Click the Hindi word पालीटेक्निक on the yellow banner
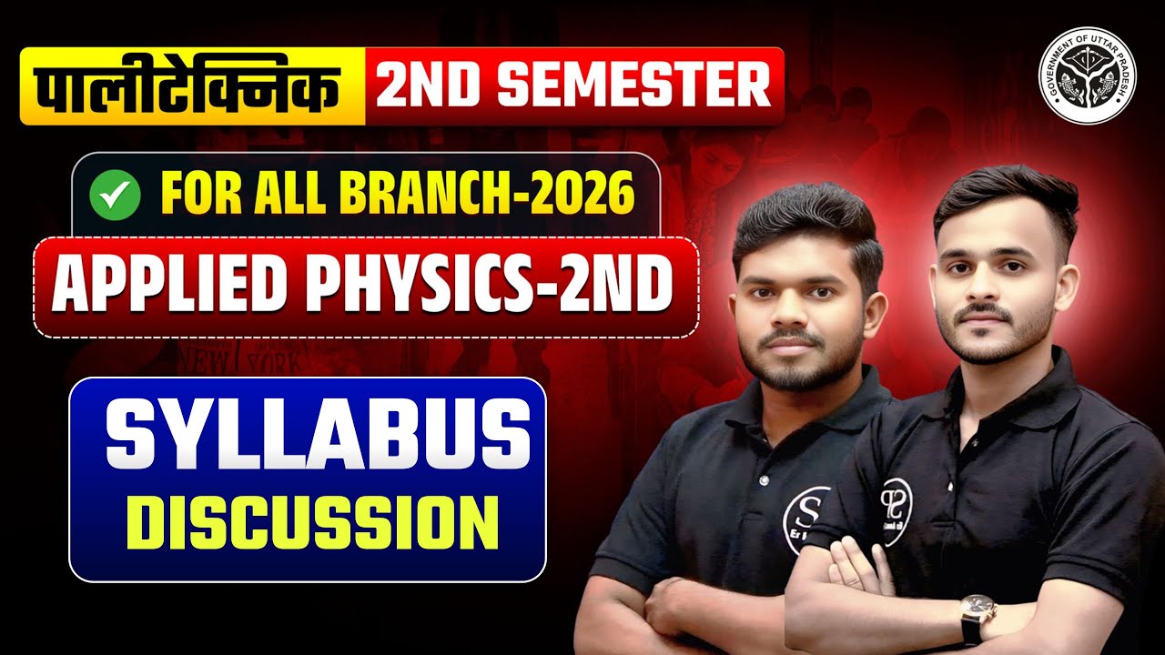192,86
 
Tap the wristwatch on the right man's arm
978,612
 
